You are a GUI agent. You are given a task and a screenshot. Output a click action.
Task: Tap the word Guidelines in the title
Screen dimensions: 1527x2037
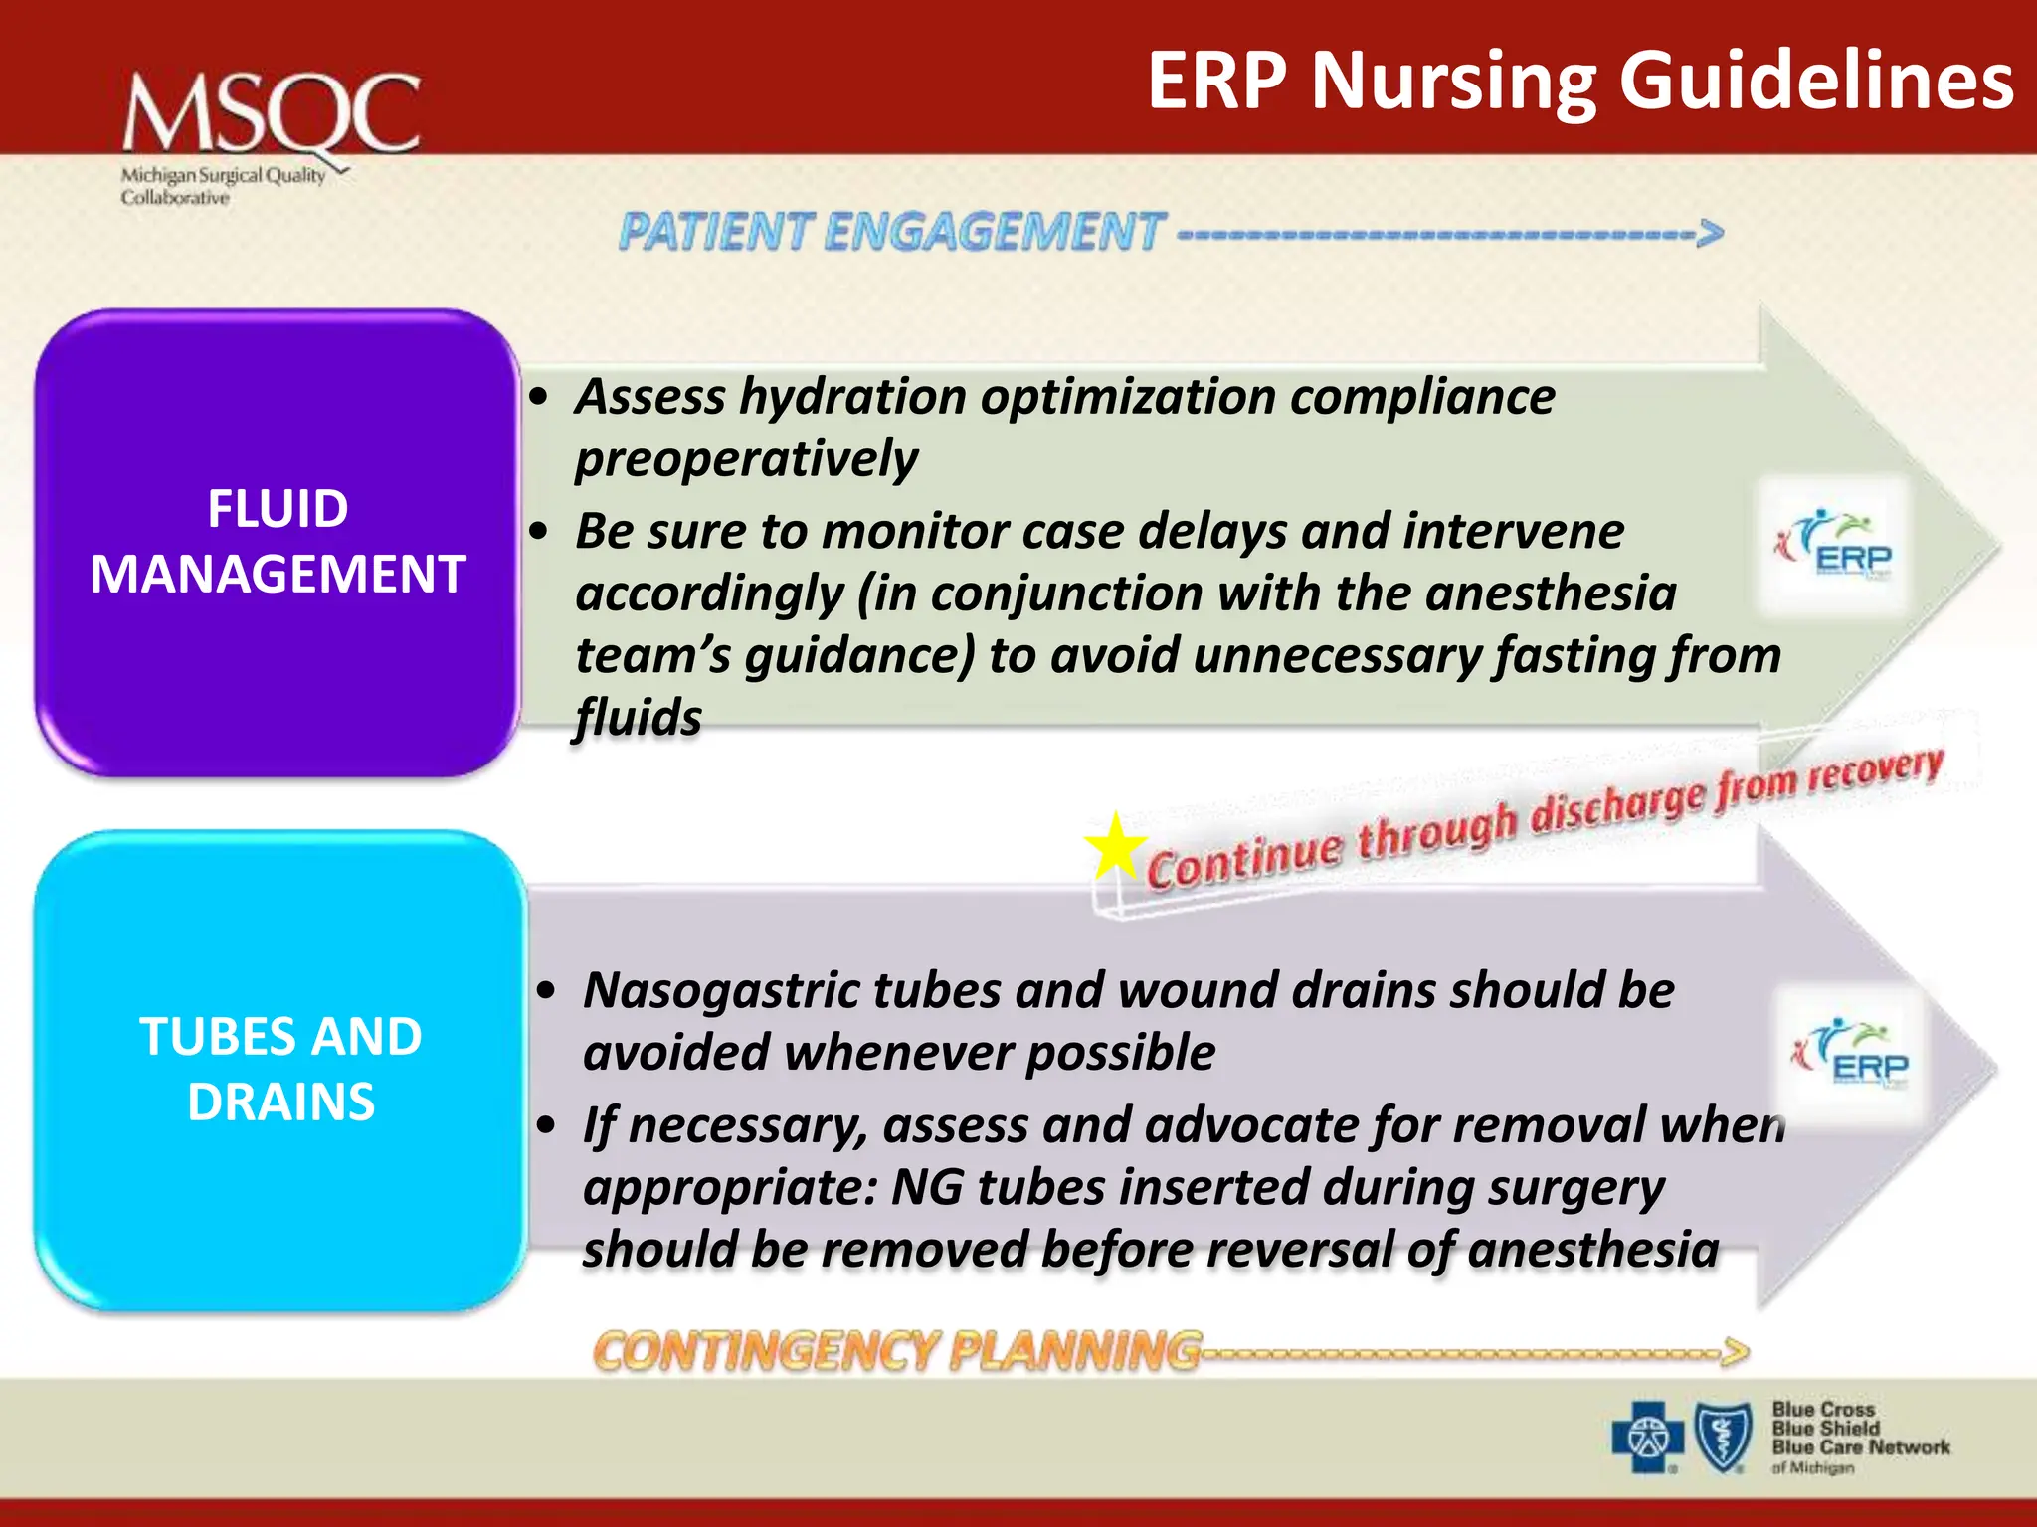(1816, 82)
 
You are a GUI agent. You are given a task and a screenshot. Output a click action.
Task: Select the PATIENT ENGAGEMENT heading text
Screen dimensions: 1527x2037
(890, 232)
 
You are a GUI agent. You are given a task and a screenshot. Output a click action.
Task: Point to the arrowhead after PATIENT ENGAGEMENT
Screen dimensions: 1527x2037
(1710, 234)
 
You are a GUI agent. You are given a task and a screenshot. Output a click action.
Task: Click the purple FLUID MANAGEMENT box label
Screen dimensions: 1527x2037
(278, 542)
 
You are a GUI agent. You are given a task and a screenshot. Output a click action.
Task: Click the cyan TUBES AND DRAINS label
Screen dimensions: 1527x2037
(280, 1069)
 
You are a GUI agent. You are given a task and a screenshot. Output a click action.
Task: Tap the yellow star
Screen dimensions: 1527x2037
(1114, 847)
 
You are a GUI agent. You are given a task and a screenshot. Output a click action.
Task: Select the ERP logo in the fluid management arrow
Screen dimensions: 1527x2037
(1833, 547)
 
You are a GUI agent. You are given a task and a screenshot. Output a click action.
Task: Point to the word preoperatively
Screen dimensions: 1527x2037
(746, 459)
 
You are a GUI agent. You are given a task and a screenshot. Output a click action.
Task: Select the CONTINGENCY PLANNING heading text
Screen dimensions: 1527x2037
(895, 1352)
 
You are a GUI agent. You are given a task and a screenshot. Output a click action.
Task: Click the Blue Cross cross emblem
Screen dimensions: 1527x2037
(1647, 1437)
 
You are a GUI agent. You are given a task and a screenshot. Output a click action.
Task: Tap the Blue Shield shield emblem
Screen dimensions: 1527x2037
(1723, 1437)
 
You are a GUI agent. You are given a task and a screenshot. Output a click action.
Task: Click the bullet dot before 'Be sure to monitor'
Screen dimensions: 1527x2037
(539, 531)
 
